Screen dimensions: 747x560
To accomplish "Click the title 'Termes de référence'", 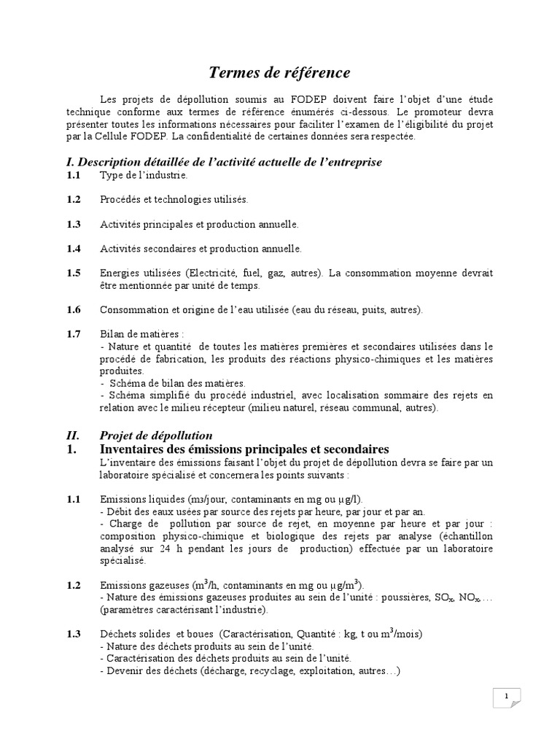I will (280, 72).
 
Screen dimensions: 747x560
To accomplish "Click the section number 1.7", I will (73, 334).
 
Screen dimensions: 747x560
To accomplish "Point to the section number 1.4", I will (73, 249).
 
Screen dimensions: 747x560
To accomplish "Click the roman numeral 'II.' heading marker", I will (73, 436).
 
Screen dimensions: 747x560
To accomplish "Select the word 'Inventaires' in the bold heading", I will (135, 449).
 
